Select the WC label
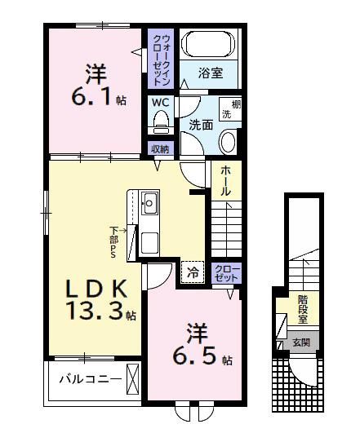(x=159, y=104)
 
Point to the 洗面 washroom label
(x=201, y=125)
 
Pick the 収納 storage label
(x=159, y=148)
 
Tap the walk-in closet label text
(x=159, y=56)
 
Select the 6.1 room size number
(x=92, y=95)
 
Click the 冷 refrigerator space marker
(x=193, y=272)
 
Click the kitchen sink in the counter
(x=149, y=204)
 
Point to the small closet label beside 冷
(x=226, y=272)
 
